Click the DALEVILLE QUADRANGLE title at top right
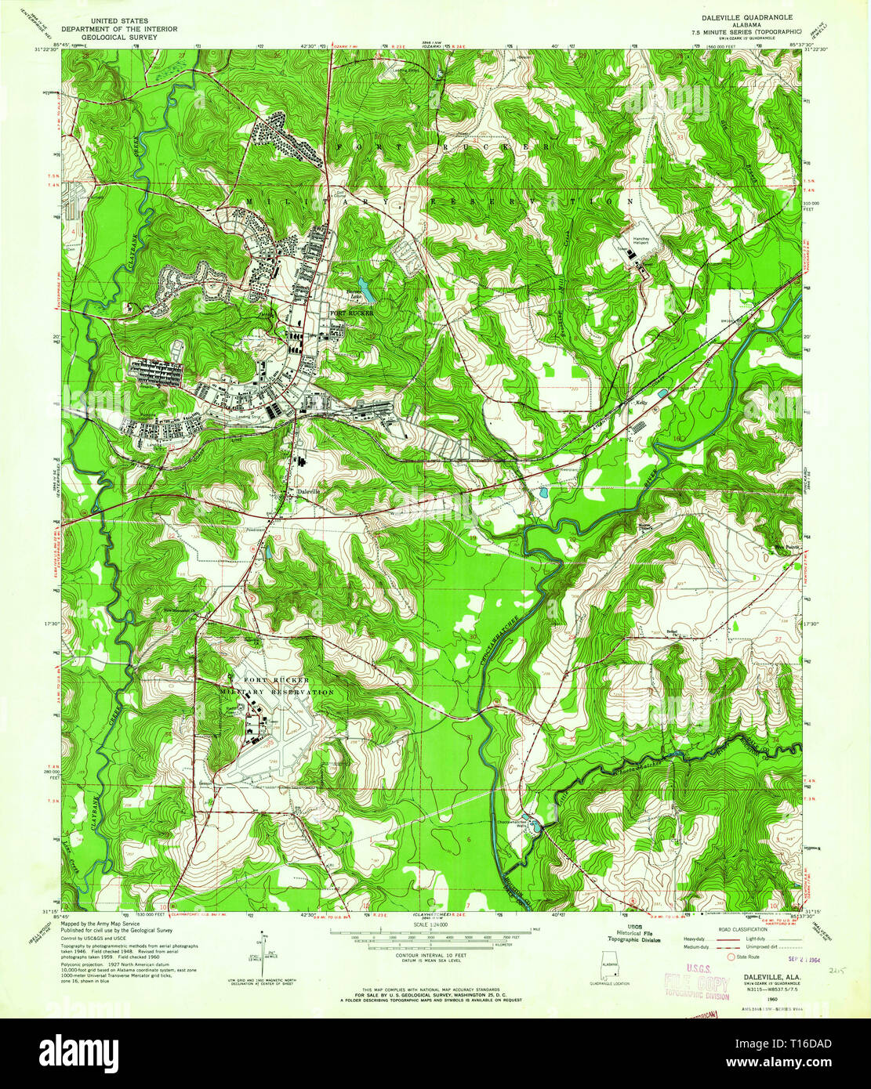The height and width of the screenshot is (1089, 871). [x=741, y=16]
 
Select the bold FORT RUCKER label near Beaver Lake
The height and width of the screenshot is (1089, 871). [x=347, y=313]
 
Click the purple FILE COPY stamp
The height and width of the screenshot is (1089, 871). [x=697, y=985]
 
